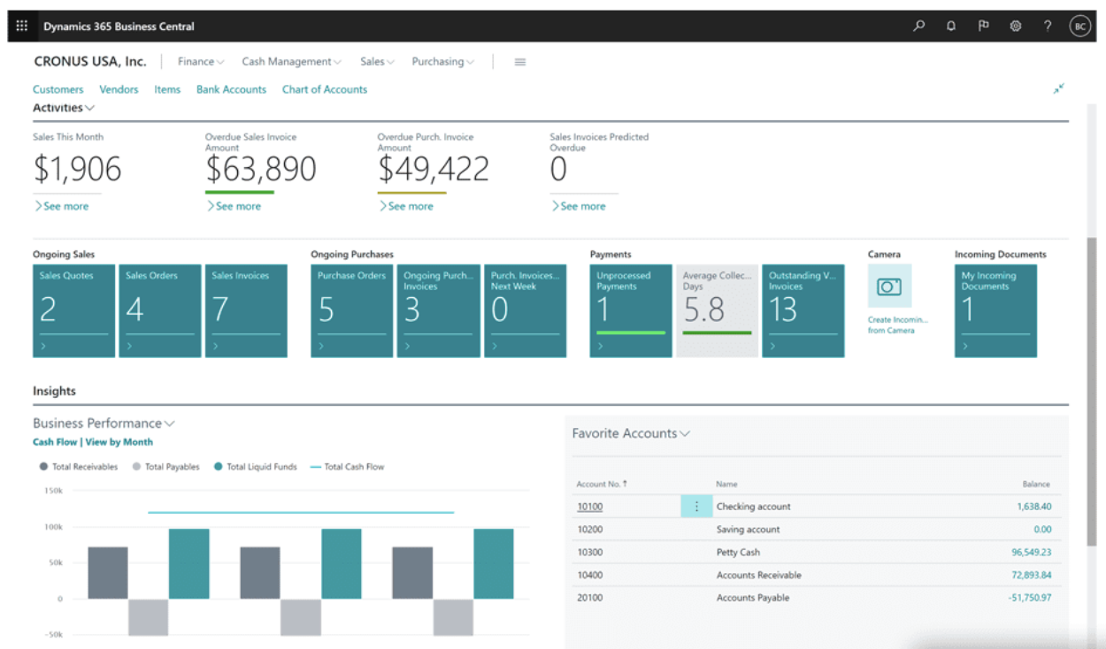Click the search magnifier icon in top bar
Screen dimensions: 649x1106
pyautogui.click(x=919, y=27)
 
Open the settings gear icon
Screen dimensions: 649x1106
pyautogui.click(x=1016, y=27)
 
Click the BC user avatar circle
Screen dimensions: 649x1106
pyautogui.click(x=1079, y=27)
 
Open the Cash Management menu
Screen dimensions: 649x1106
pyautogui.click(x=291, y=62)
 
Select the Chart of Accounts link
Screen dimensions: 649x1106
pyautogui.click(x=324, y=89)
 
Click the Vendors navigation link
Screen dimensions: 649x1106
pyautogui.click(x=119, y=89)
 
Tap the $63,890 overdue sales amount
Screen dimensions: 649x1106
pyautogui.click(x=260, y=169)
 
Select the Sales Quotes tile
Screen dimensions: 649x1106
pyautogui.click(x=73, y=310)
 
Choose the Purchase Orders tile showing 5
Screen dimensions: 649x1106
pyautogui.click(x=351, y=310)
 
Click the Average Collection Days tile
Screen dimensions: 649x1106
pyautogui.click(x=718, y=310)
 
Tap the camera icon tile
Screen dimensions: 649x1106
pyautogui.click(x=888, y=286)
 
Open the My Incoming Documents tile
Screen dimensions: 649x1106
pyautogui.click(x=995, y=310)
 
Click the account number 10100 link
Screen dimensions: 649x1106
pyautogui.click(x=589, y=507)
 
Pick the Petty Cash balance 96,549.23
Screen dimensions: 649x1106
pyautogui.click(x=1031, y=553)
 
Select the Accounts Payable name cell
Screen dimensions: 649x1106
pyautogui.click(x=752, y=599)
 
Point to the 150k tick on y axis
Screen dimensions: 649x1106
pyautogui.click(x=52, y=490)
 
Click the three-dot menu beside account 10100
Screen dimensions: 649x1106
pyautogui.click(x=696, y=507)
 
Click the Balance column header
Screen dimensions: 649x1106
pyautogui.click(x=1035, y=485)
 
